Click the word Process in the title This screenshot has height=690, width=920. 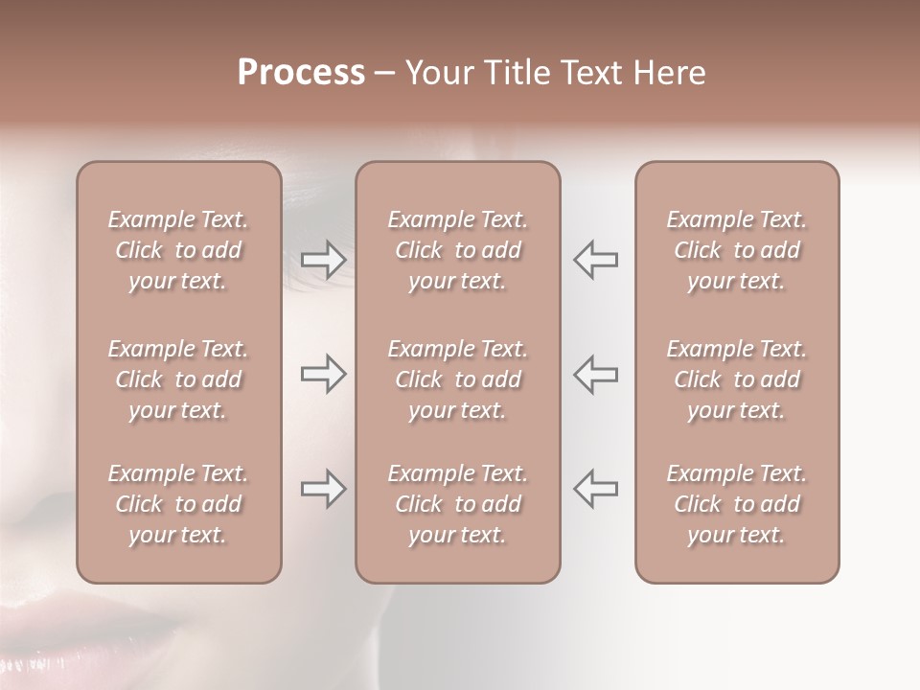point(301,73)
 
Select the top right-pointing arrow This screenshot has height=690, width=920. point(323,260)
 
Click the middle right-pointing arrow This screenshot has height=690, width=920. point(323,374)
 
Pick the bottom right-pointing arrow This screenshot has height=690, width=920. point(323,489)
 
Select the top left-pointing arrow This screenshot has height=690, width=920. point(595,260)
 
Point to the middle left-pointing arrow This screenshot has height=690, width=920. point(595,374)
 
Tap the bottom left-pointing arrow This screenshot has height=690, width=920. point(595,489)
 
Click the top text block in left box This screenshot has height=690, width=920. point(178,250)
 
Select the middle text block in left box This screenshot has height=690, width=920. point(178,379)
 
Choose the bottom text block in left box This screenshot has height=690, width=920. point(178,504)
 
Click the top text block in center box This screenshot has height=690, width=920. point(457,250)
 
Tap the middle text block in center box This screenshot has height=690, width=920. point(457,379)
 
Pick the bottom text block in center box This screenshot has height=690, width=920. point(457,504)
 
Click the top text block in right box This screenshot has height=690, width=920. point(736,250)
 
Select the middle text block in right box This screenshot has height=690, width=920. point(736,379)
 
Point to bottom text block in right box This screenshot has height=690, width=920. point(736,504)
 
